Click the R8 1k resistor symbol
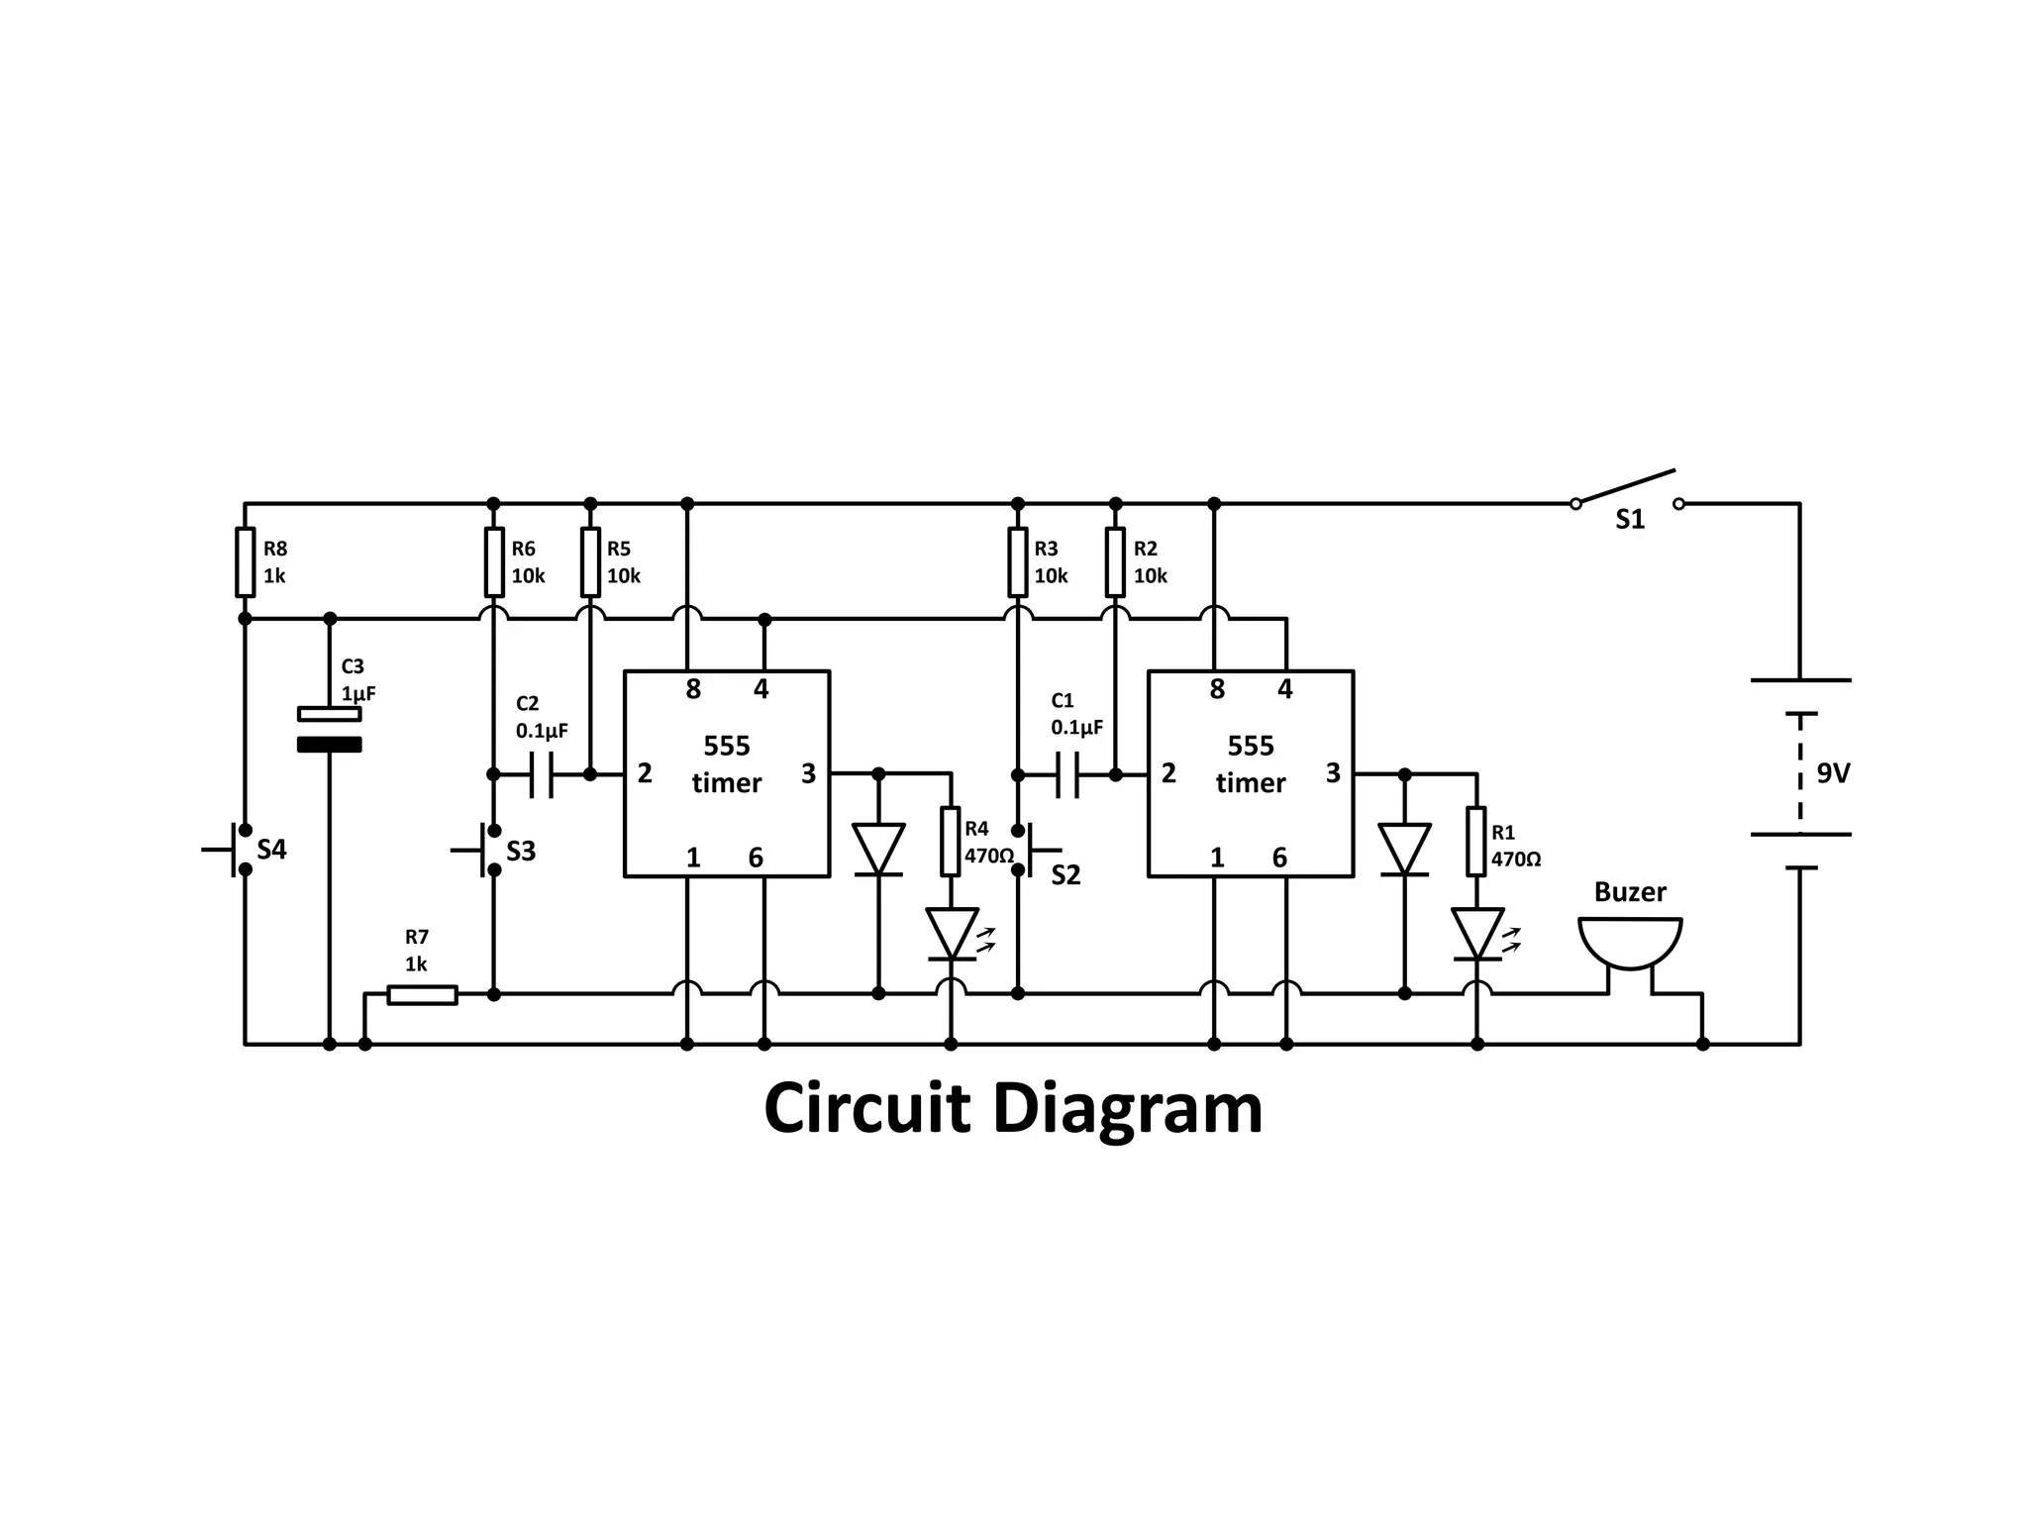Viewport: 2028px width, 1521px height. click(245, 562)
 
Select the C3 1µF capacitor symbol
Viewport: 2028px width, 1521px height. click(330, 729)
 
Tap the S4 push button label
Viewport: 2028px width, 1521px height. click(271, 850)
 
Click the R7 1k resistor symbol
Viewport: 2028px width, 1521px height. click(422, 994)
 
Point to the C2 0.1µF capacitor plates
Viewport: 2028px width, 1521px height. click(542, 774)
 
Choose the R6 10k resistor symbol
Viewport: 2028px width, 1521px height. click(494, 562)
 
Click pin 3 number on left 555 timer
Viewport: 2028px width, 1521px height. click(808, 773)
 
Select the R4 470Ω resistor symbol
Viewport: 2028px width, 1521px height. click(951, 842)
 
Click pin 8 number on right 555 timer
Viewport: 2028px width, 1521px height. click(1217, 689)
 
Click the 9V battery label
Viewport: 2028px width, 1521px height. click(1833, 773)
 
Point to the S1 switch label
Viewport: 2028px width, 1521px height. click(1630, 520)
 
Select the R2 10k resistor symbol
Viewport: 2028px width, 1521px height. click(1115, 562)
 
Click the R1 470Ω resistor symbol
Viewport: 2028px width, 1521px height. click(1476, 842)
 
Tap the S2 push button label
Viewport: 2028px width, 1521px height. click(1065, 874)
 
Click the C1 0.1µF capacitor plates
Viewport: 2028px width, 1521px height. click(1067, 774)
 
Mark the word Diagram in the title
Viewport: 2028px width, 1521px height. click(1127, 1109)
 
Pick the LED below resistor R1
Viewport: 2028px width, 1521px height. click(1476, 934)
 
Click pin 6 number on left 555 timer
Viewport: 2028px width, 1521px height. click(756, 858)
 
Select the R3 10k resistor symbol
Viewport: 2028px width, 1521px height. click(1017, 562)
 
